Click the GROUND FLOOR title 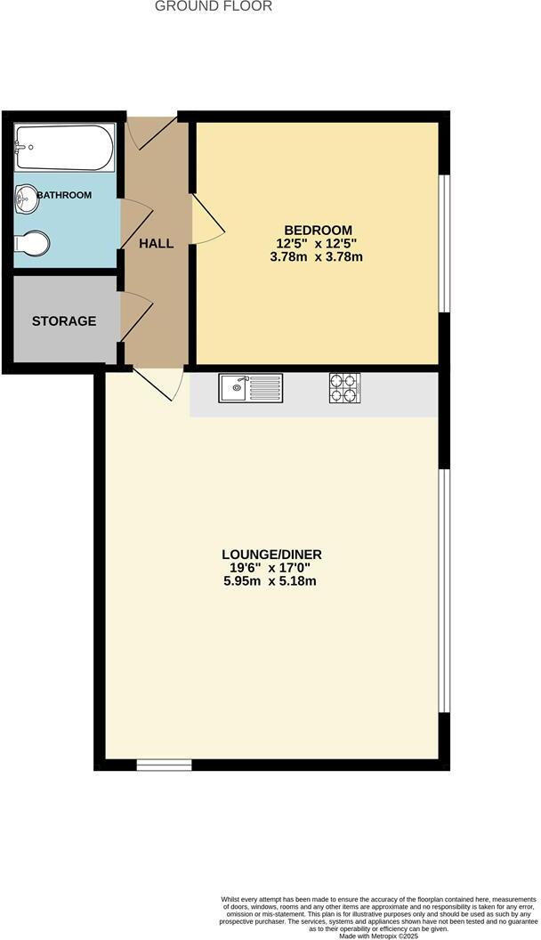pos(214,6)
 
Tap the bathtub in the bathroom pos(65,149)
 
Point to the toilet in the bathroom pos(33,243)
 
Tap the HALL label pos(156,243)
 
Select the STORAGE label pos(64,320)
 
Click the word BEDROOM pos(319,230)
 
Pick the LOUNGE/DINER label pos(271,555)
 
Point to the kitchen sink pos(251,387)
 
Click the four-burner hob pos(345,387)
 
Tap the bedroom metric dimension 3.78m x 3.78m pos(319,257)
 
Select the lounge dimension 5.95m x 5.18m pos(271,582)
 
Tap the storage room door pos(136,318)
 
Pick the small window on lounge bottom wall pos(164,764)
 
